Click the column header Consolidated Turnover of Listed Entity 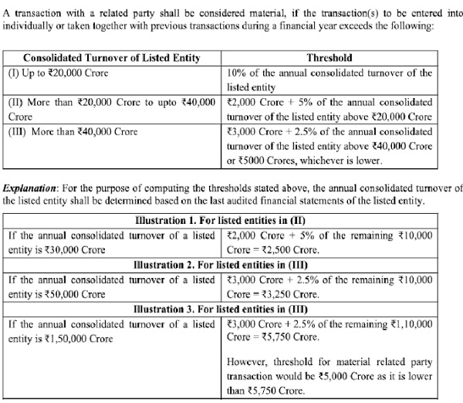[112, 58]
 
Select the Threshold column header [330, 58]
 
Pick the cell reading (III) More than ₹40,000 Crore [73, 131]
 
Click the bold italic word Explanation [34, 189]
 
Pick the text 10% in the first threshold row [239, 73]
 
